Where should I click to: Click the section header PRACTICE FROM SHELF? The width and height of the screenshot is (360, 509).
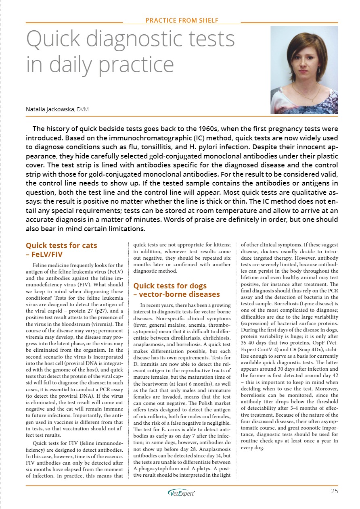pos(182,20)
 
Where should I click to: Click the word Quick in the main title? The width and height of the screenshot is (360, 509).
pos(53,40)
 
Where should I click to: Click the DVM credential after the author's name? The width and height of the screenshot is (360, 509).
pos(83,109)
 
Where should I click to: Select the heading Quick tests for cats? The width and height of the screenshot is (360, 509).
pos(61,245)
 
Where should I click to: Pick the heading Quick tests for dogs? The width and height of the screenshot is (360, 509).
pos(170,286)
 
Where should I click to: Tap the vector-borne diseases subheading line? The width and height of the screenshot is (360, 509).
pos(176,294)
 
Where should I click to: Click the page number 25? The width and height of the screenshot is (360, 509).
pos(334,491)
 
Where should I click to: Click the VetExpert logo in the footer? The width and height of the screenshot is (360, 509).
pos(181,493)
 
